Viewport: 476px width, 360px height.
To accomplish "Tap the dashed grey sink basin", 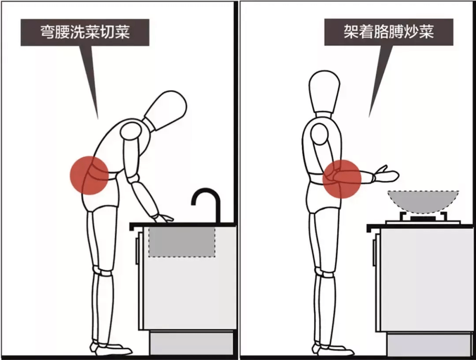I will [x=182, y=242].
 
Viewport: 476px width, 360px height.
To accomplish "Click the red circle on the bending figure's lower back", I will [x=89, y=175].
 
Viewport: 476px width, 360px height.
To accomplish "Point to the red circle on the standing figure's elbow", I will [x=342, y=178].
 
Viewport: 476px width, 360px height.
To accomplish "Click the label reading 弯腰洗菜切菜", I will [x=85, y=32].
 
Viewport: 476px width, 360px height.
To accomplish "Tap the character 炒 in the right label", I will [x=411, y=32].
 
